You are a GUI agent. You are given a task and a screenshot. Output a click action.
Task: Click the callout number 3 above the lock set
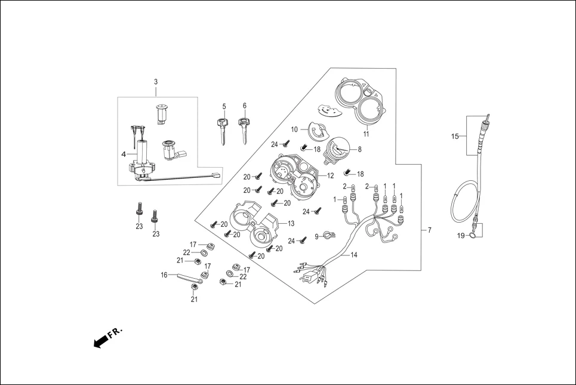point(156,82)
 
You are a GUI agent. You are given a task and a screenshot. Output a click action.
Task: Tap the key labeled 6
point(244,129)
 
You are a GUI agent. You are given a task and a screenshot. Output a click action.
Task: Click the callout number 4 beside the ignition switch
point(124,153)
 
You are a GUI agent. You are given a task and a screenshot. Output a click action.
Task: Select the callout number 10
point(294,130)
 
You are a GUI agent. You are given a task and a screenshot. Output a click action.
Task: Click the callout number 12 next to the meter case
point(331,175)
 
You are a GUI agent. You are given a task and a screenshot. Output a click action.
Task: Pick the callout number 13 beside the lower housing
point(291,223)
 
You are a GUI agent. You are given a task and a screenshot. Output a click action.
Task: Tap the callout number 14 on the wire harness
point(353,255)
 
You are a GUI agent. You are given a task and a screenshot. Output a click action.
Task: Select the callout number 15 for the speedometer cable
point(454,137)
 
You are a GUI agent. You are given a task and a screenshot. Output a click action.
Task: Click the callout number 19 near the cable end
point(461,236)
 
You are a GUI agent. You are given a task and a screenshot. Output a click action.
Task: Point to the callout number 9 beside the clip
point(317,237)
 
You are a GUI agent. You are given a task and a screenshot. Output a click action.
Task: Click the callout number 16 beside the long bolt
point(164,275)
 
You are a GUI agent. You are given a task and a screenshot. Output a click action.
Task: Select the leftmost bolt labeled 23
point(139,210)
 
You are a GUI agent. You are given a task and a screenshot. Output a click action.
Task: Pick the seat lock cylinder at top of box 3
point(161,113)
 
